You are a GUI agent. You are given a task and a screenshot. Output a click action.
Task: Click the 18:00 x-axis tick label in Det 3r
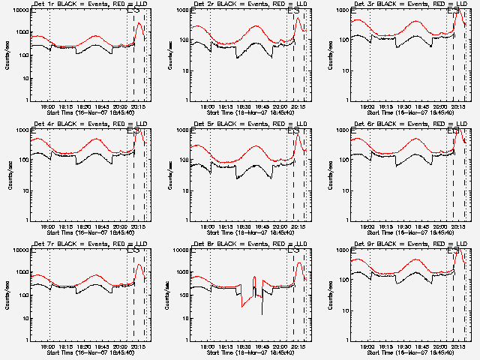click(x=370, y=106)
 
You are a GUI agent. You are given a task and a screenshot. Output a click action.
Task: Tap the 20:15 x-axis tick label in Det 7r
click(x=139, y=346)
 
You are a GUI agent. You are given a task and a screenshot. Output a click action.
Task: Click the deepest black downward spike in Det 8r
click(x=262, y=313)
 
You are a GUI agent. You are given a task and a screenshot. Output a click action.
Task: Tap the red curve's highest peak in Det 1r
click(x=139, y=23)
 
